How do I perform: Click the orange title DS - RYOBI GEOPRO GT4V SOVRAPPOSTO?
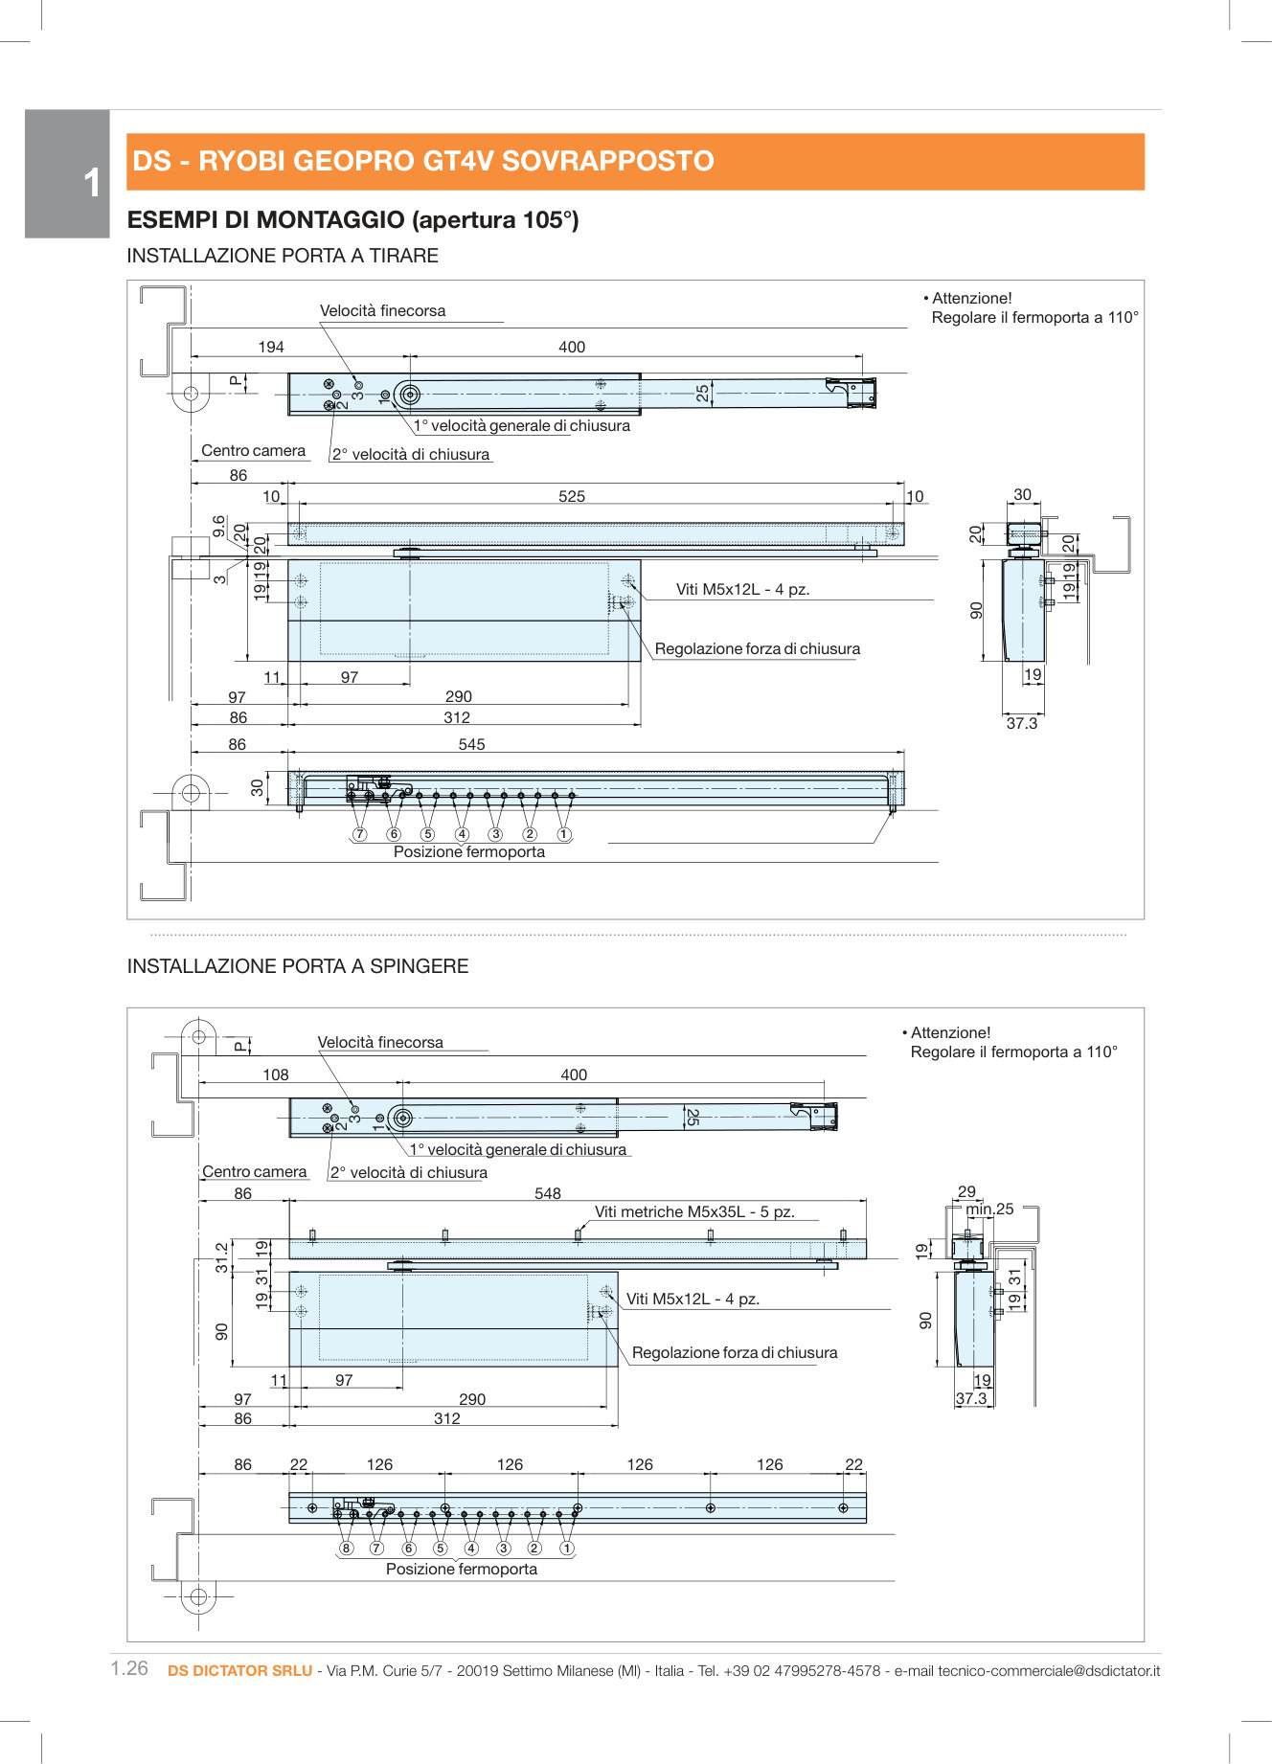tap(422, 161)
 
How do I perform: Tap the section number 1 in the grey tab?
tap(92, 183)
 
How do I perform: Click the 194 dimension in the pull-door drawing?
tap(271, 347)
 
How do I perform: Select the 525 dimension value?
tap(572, 496)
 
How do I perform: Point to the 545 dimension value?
tap(471, 744)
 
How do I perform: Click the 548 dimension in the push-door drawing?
tap(548, 1193)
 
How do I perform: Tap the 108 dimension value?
tap(276, 1074)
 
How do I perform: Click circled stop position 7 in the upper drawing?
tap(359, 834)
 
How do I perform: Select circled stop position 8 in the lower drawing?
tap(346, 1549)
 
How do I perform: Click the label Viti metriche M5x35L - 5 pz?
tap(694, 1211)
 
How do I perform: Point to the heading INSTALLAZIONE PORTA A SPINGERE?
tap(298, 966)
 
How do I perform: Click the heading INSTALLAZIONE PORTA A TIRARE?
tap(283, 256)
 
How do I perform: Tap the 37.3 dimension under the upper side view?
tap(1021, 723)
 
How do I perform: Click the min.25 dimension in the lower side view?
tap(989, 1209)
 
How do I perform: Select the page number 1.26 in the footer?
tap(129, 1668)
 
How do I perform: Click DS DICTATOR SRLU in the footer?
tap(239, 1671)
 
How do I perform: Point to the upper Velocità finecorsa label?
tap(382, 310)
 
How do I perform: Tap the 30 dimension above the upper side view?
tap(1022, 494)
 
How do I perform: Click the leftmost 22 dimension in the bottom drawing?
tap(299, 1464)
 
